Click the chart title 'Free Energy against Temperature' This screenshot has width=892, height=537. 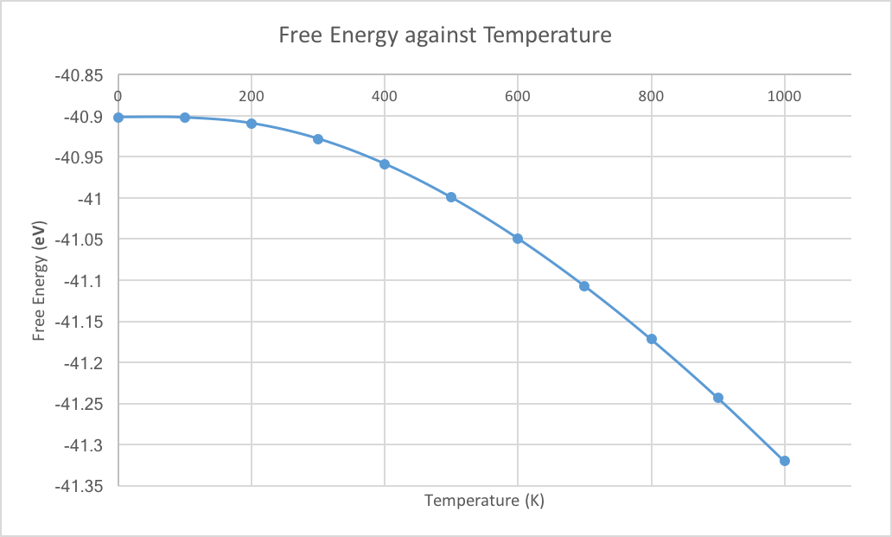point(445,35)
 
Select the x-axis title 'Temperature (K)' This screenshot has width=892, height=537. point(484,501)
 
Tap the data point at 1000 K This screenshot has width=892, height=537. point(785,461)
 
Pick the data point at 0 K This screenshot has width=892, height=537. point(118,117)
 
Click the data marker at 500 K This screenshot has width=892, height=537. point(451,197)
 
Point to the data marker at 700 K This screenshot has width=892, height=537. point(584,286)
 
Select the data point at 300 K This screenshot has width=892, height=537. point(318,139)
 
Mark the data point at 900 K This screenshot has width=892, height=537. point(718,398)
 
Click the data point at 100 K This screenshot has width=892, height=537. point(185,117)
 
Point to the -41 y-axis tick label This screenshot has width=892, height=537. point(91,198)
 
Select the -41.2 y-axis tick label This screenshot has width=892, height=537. point(85,362)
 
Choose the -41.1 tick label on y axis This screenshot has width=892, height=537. point(85,280)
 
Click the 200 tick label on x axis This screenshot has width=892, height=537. point(252,96)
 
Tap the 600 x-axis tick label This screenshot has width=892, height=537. point(518,96)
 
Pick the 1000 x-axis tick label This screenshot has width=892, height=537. point(785,96)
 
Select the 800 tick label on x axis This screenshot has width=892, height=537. point(651,96)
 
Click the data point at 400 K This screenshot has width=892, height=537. point(385,164)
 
